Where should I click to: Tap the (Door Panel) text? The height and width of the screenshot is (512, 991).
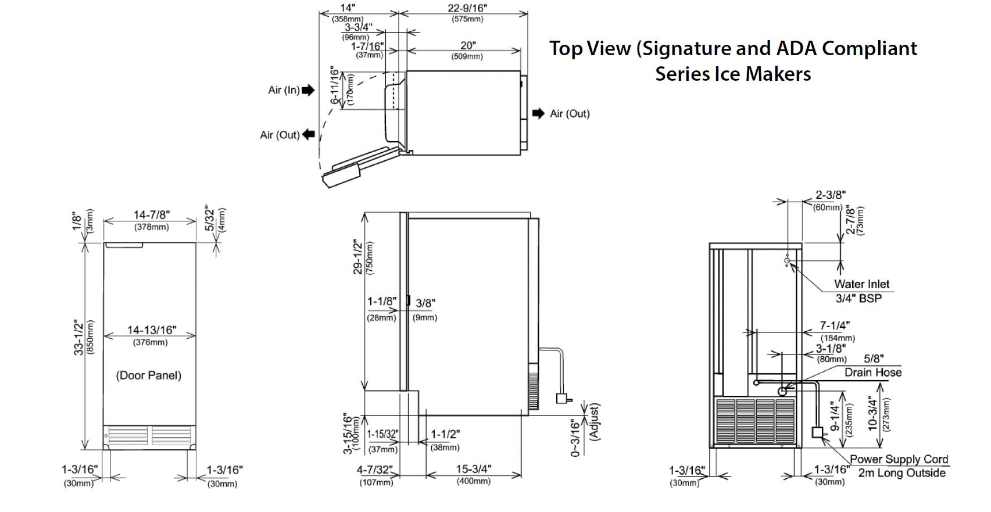tap(148, 375)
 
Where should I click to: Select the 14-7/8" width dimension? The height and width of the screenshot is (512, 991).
tap(151, 216)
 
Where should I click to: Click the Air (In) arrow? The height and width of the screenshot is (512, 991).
tap(308, 90)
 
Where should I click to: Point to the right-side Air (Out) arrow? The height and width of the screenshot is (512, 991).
tap(538, 113)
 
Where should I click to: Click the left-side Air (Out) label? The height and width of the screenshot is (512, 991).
tap(280, 135)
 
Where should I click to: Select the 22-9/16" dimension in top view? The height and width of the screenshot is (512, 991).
tap(467, 8)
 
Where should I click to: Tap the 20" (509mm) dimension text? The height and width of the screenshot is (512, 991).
tap(467, 46)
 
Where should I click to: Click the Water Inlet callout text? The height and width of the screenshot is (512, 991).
tap(861, 284)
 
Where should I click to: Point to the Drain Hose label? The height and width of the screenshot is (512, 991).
tap(873, 373)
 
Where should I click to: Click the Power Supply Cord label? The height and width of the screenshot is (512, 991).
tap(899, 460)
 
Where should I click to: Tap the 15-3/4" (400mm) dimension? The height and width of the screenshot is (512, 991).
tap(473, 470)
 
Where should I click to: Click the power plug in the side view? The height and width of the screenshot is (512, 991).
tap(562, 399)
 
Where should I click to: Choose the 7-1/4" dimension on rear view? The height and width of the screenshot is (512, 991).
tap(835, 327)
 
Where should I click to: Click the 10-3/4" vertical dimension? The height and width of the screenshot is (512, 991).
tap(872, 413)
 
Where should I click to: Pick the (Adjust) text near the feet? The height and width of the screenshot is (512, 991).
tap(594, 422)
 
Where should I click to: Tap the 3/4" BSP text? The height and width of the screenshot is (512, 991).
tap(858, 299)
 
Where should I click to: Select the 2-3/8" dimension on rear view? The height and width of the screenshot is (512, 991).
tap(830, 195)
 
